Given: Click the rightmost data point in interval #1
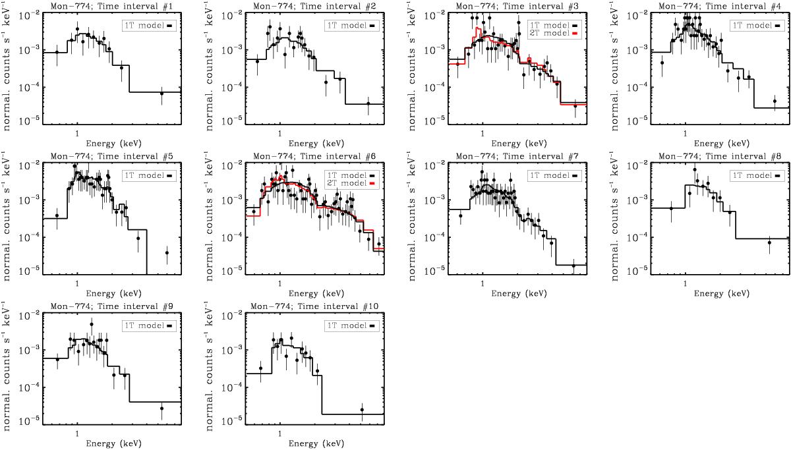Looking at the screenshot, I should [x=161, y=94].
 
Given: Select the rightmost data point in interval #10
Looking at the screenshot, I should [x=362, y=410].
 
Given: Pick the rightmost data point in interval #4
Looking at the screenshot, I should [x=775, y=101].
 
